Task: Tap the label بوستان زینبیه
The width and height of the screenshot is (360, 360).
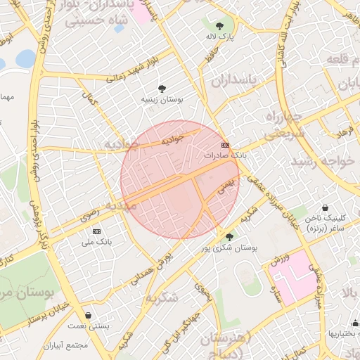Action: (x=162, y=101)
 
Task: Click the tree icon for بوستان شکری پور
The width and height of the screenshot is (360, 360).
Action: (x=229, y=237)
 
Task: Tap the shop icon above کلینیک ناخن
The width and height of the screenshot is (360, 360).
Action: (x=326, y=208)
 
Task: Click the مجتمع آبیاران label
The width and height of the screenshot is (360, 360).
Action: (x=84, y=346)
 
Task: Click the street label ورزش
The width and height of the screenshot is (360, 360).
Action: (x=279, y=261)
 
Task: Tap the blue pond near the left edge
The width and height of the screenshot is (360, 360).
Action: (x=25, y=58)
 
